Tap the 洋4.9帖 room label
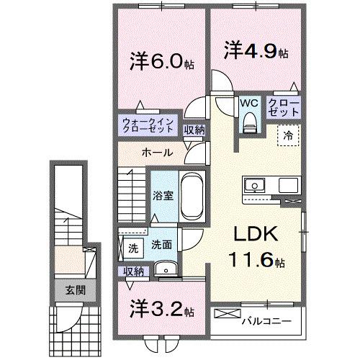click(x=256, y=52)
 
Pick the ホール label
click(x=156, y=153)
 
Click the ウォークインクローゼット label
click(x=147, y=125)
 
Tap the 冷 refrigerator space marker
click(x=287, y=135)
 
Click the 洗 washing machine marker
click(x=133, y=248)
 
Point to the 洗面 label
click(x=161, y=245)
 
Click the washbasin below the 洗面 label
click(x=166, y=271)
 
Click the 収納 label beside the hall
click(x=194, y=130)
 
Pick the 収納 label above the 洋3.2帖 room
click(x=133, y=271)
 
